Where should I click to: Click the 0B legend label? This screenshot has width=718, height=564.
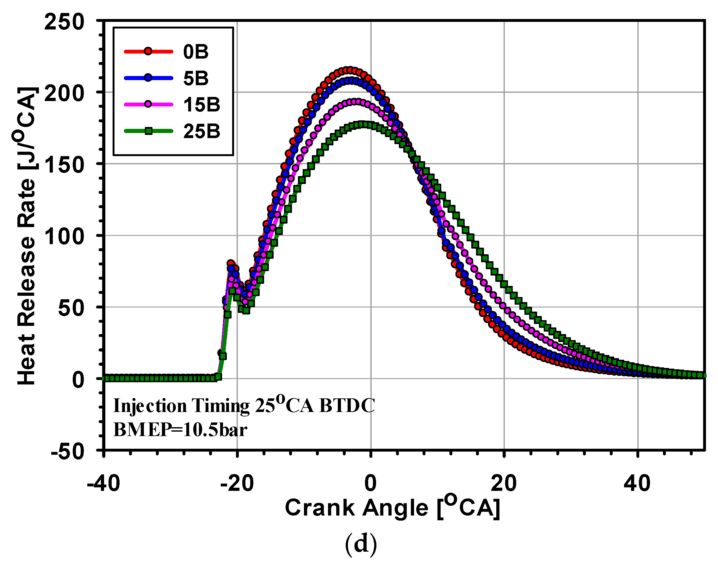pyautogui.click(x=195, y=52)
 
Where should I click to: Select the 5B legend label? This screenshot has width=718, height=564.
pyautogui.click(x=195, y=78)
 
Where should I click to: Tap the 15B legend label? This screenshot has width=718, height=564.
pyautogui.click(x=201, y=105)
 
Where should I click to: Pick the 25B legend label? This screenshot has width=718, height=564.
pyautogui.click(x=201, y=131)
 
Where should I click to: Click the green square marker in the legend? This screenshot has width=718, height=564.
pyautogui.click(x=148, y=131)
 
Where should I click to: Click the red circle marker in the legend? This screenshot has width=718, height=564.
pyautogui.click(x=148, y=51)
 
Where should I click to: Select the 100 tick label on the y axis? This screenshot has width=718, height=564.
pyautogui.click(x=64, y=237)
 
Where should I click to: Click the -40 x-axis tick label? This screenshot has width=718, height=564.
pyautogui.click(x=103, y=484)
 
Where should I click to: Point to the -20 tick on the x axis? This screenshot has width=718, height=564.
pyautogui.click(x=237, y=484)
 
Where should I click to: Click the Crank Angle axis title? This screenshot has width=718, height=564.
pyautogui.click(x=392, y=508)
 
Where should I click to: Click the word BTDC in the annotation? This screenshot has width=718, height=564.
pyautogui.click(x=347, y=406)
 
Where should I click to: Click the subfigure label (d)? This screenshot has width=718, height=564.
pyautogui.click(x=361, y=544)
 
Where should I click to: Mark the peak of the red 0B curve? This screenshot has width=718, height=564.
pyautogui.click(x=349, y=70)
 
